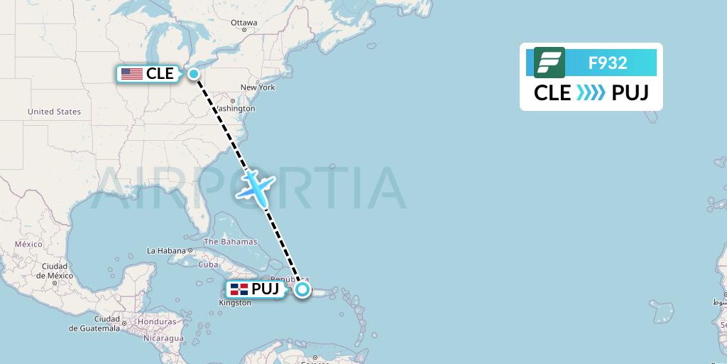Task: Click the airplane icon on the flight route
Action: pos(255,186)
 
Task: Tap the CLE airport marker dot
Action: pos(193,73)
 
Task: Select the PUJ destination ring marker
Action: pos(302,289)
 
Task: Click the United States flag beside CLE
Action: pos(131,74)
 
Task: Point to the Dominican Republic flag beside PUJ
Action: pos(239,289)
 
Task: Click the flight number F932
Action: pos(608,63)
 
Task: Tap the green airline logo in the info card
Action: pos(549,63)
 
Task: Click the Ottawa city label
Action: pos(244,23)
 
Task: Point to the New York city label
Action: pos(258,87)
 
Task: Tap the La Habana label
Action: pos(166,250)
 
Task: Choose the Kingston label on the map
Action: pos(235,303)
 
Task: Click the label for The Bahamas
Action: pos(231,242)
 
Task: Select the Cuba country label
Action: pos(208,264)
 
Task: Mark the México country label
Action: pos(29,244)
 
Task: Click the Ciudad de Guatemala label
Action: pos(94,323)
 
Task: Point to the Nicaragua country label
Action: pos(163,338)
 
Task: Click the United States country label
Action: pos(54,112)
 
